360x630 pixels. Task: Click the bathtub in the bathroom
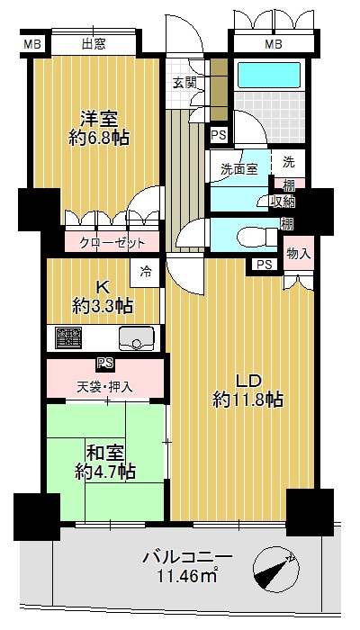(269, 75)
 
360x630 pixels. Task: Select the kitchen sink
(136, 337)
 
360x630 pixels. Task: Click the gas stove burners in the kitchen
(68, 337)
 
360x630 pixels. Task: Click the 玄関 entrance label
(184, 83)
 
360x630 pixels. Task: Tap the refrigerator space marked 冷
(146, 273)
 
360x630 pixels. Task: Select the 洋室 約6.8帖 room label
(98, 128)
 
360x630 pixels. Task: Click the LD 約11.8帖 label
(247, 389)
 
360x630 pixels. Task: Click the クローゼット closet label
(112, 243)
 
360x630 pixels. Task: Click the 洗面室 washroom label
(238, 169)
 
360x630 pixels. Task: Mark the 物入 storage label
(299, 253)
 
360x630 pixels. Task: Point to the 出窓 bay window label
(94, 43)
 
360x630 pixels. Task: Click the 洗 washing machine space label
(289, 162)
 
